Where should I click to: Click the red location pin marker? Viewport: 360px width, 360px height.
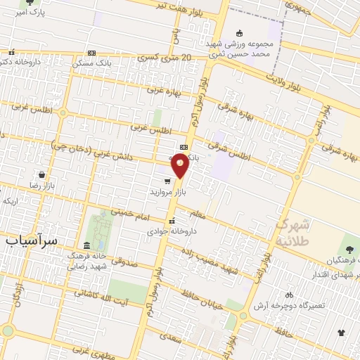tap(181, 165)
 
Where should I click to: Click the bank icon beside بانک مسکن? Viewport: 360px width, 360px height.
tap(92, 53)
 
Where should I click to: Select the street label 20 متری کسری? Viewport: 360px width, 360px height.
tap(166, 57)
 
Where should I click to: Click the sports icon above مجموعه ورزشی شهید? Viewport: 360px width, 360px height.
tap(239, 32)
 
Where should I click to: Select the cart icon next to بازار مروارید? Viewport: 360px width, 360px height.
tap(167, 180)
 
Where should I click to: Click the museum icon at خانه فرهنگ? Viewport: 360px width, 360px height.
tap(86, 245)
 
